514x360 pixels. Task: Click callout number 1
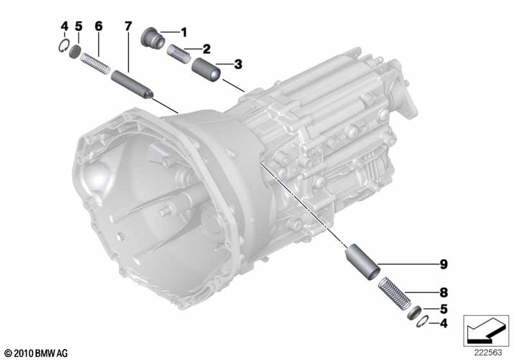[x=184, y=32]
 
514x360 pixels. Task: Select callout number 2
[x=206, y=50]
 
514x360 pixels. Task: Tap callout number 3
[x=238, y=64]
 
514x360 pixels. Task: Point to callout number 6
[x=98, y=26]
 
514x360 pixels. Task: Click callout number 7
[x=128, y=26]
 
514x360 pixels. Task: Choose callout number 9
[x=443, y=264]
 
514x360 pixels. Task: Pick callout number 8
[x=443, y=292]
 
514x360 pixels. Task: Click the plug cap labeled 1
[x=153, y=38]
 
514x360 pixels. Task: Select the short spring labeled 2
[x=179, y=54]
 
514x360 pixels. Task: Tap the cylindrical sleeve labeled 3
[x=206, y=69]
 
